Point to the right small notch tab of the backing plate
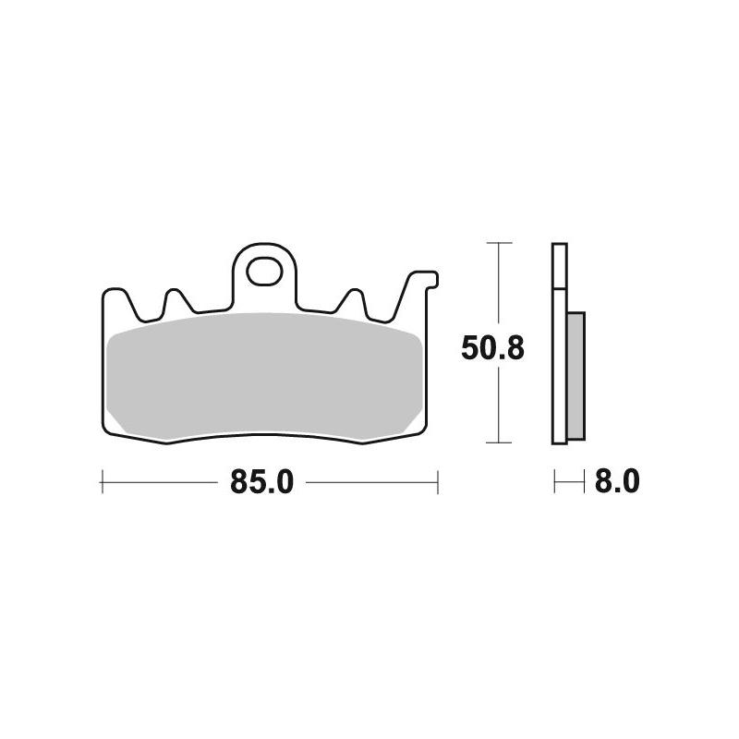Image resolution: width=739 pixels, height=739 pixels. coord(352,298)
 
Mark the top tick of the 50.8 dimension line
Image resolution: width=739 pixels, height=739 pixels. coord(499,243)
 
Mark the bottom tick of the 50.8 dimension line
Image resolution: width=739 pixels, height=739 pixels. coord(499,442)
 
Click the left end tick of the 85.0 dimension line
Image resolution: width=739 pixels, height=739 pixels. coord(101,481)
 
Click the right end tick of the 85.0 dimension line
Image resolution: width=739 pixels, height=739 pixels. coord(436,481)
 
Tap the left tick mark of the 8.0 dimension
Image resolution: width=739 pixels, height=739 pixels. coord(554,481)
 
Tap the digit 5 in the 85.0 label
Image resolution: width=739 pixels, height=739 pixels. coord(252,482)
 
